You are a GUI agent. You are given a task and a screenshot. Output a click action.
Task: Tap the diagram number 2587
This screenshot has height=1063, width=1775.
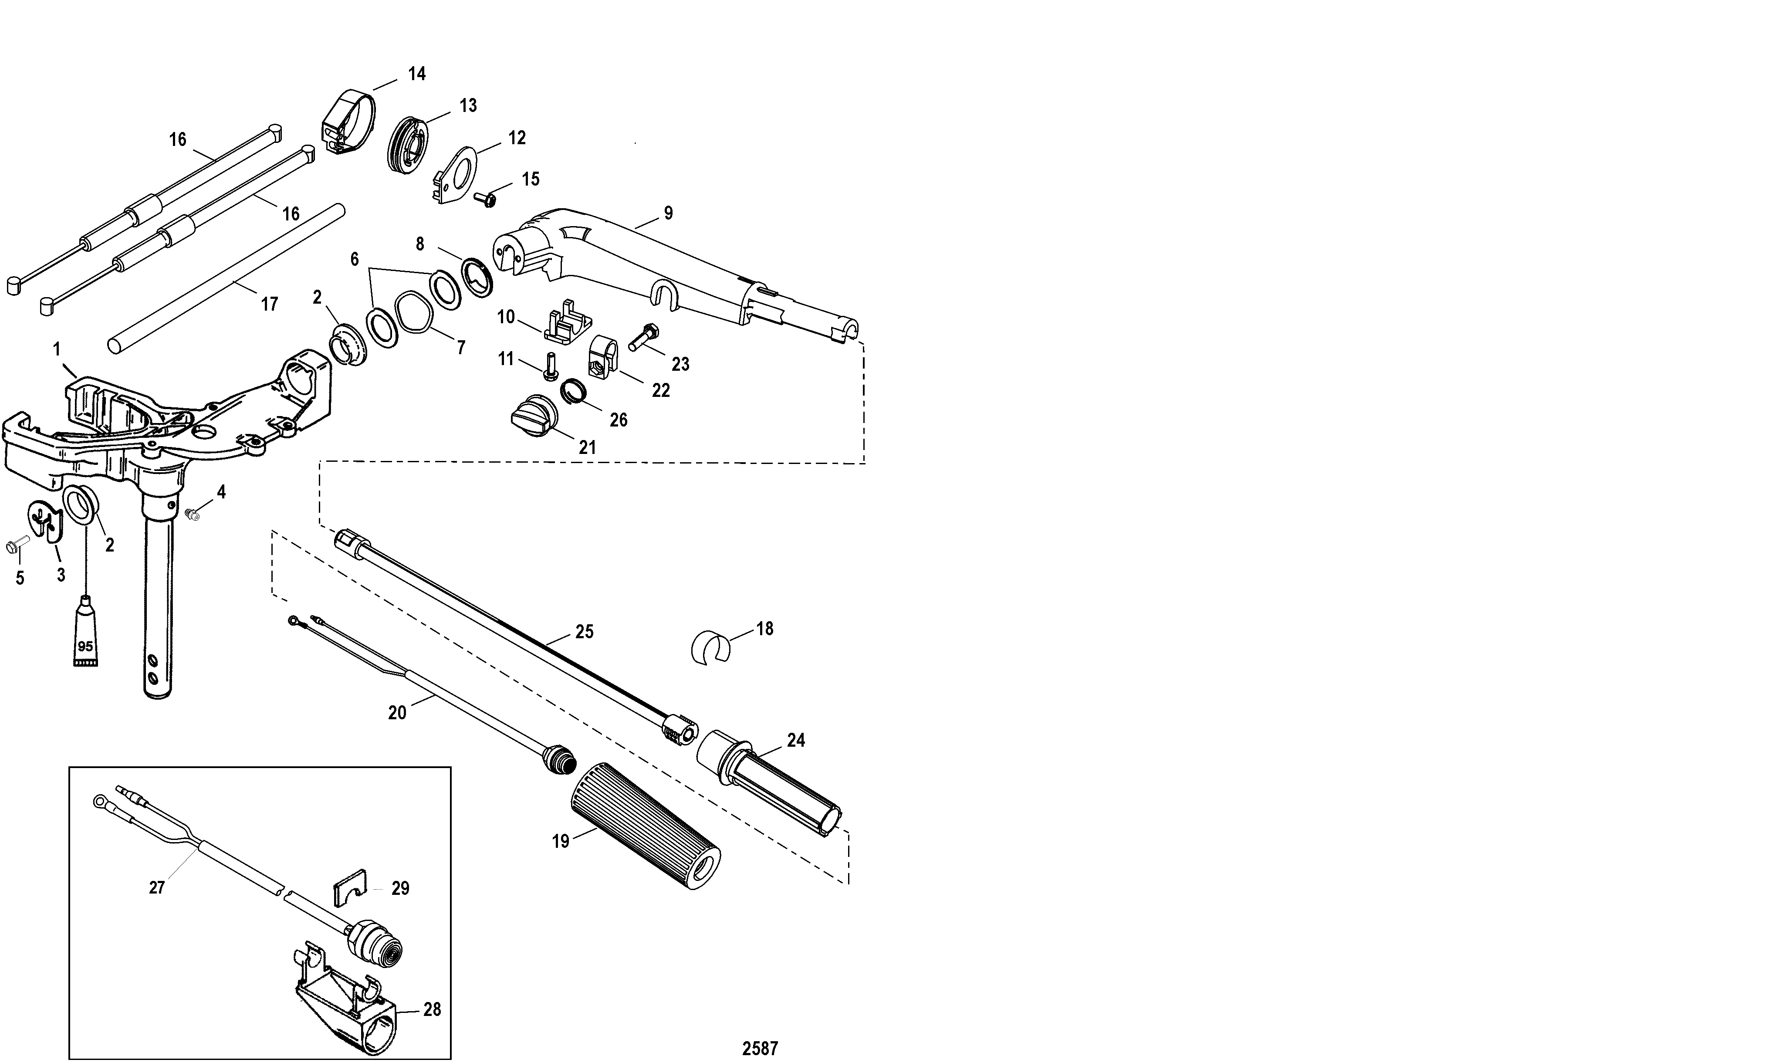tap(760, 1048)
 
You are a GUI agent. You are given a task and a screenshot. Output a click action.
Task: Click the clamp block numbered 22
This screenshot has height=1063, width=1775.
tap(603, 356)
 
